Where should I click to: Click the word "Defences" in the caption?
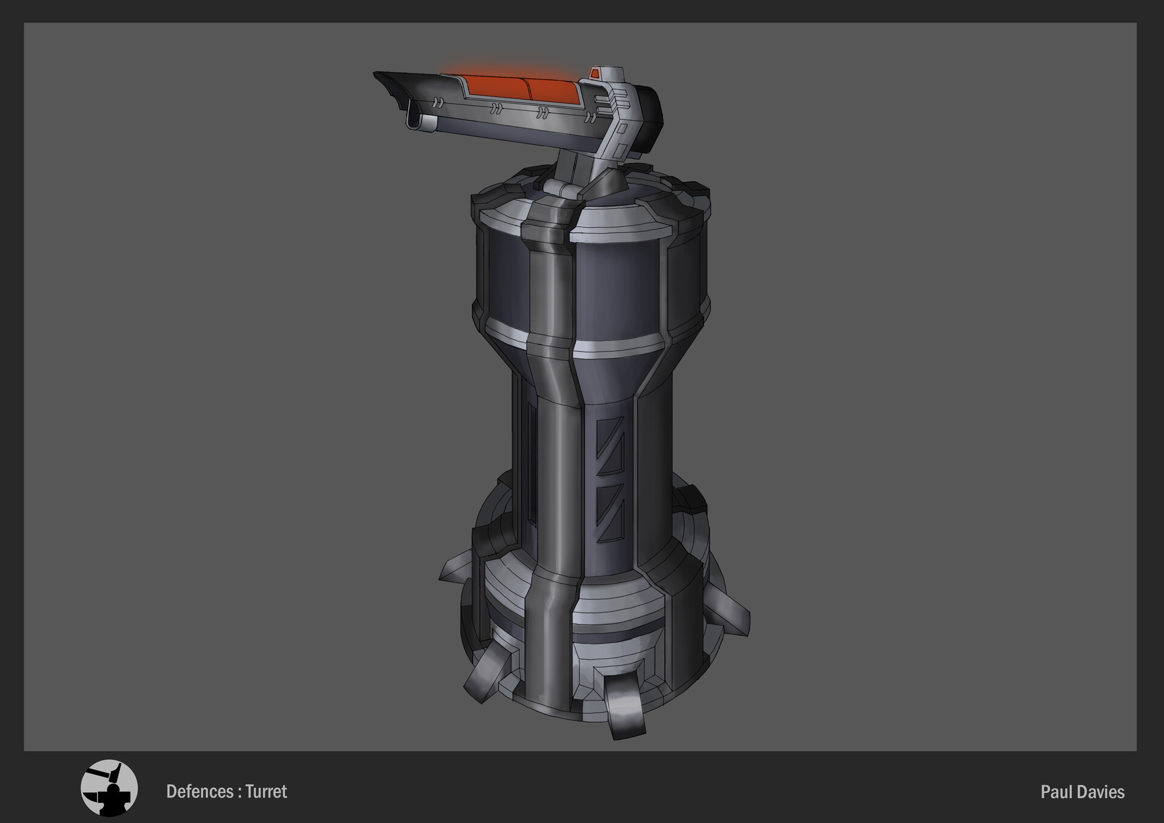[199, 791]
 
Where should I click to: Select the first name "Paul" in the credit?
[1054, 792]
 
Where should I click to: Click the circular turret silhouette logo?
[109, 788]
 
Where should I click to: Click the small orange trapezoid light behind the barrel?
[595, 73]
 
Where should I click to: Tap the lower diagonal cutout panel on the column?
[610, 513]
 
